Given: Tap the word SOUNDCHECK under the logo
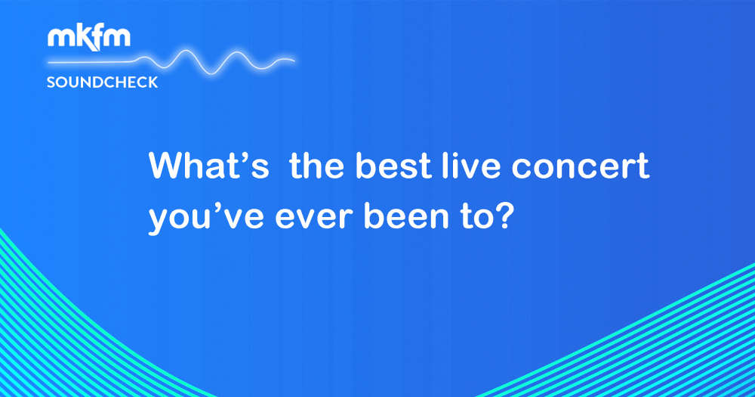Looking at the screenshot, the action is (x=103, y=82).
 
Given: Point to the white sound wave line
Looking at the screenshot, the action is (x=171, y=62).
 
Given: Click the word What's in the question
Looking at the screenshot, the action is (x=209, y=166).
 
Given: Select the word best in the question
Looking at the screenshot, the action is (x=394, y=166).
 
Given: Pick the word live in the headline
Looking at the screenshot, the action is (x=471, y=166).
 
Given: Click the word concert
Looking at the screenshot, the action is (x=580, y=166).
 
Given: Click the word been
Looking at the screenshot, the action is (x=406, y=217).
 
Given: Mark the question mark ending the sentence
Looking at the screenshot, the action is (x=501, y=217).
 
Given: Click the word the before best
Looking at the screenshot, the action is (x=317, y=166).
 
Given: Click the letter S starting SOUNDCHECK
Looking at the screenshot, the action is (x=51, y=82).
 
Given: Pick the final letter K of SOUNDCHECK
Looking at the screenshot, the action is (x=153, y=82).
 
